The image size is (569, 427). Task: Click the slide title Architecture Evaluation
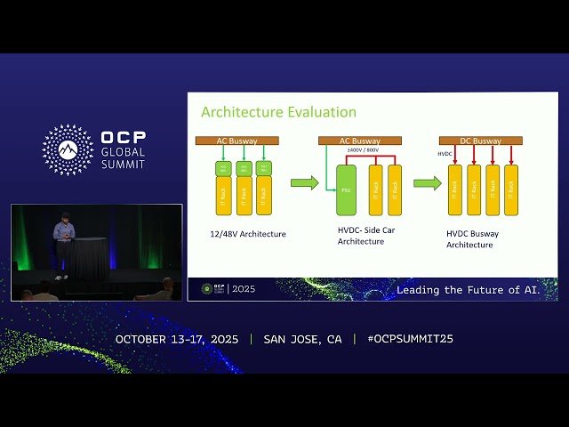point(278,112)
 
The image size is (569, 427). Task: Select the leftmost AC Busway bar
point(237,141)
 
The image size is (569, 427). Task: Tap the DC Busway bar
point(480,141)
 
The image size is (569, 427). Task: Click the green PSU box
point(346,189)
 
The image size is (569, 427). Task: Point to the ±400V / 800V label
point(362,150)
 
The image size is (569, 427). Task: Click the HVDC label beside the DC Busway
point(445,154)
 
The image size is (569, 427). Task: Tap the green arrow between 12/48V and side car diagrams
point(304,183)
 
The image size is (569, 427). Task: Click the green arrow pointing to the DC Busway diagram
point(427,183)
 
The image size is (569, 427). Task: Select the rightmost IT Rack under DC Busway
point(511,189)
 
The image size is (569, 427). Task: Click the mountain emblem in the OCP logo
point(68,149)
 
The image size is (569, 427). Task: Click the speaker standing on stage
point(63,245)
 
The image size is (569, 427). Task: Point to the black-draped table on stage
point(88,258)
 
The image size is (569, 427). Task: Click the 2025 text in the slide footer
point(242,289)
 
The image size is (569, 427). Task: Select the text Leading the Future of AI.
point(476,290)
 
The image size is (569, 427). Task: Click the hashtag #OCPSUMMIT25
point(403,339)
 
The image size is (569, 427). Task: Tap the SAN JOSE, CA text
point(302,339)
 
